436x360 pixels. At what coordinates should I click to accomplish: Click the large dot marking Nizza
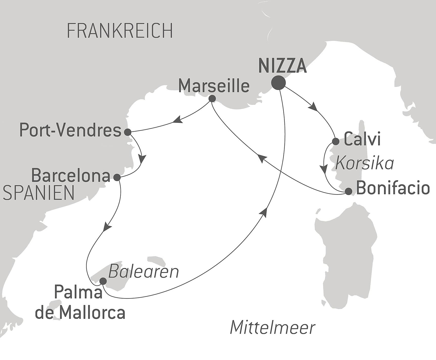[278, 83]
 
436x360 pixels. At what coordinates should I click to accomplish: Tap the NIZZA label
[283, 66]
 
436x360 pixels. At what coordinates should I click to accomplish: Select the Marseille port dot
[212, 99]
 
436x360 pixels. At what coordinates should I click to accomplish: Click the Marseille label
[214, 86]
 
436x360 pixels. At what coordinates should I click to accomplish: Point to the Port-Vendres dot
[127, 132]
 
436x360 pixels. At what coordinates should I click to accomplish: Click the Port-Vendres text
[70, 131]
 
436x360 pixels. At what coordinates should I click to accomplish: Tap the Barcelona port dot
[117, 177]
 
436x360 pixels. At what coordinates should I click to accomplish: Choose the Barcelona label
[71, 176]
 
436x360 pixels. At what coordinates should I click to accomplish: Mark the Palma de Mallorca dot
[103, 281]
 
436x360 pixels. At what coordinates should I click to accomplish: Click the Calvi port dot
[336, 141]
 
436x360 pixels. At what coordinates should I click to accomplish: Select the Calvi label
[362, 139]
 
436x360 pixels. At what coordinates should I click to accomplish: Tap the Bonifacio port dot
[348, 191]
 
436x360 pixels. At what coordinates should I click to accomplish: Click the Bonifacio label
[393, 188]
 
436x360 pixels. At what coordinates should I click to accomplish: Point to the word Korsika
[364, 163]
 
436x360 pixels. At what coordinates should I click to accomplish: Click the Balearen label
[143, 272]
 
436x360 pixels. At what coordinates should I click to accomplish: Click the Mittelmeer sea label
[273, 327]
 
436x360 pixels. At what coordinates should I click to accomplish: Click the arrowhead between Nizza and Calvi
[314, 107]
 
